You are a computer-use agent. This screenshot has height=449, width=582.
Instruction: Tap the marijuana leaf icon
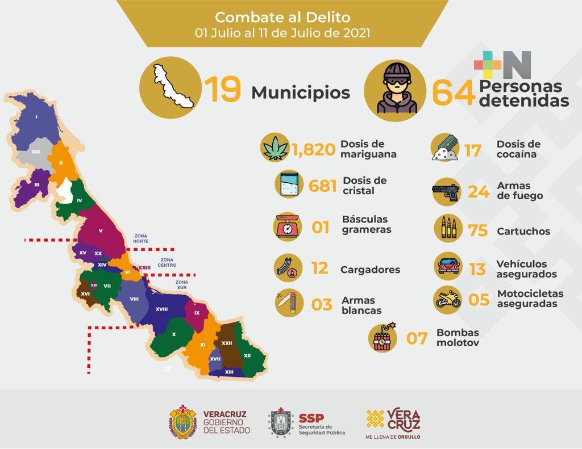(275, 148)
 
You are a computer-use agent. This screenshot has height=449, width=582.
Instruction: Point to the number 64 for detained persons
(453, 93)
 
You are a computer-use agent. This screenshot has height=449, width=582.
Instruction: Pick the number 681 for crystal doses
(322, 186)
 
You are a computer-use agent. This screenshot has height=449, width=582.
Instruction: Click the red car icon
(448, 266)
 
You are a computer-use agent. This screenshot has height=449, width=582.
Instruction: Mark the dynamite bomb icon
(384, 338)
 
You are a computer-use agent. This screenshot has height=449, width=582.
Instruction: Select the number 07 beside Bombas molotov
(416, 339)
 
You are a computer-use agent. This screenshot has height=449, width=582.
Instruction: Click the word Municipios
(301, 93)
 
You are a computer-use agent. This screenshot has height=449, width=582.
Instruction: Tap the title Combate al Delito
(282, 17)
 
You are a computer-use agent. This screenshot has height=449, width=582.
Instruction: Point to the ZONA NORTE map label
(141, 238)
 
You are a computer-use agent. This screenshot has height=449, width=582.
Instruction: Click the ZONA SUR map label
(182, 285)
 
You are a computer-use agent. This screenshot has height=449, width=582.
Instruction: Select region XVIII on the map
(161, 309)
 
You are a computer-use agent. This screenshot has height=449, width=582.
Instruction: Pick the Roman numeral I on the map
(36, 118)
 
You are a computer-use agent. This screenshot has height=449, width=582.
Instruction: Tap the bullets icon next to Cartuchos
(447, 229)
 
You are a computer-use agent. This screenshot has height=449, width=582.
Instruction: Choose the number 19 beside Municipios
(223, 91)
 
